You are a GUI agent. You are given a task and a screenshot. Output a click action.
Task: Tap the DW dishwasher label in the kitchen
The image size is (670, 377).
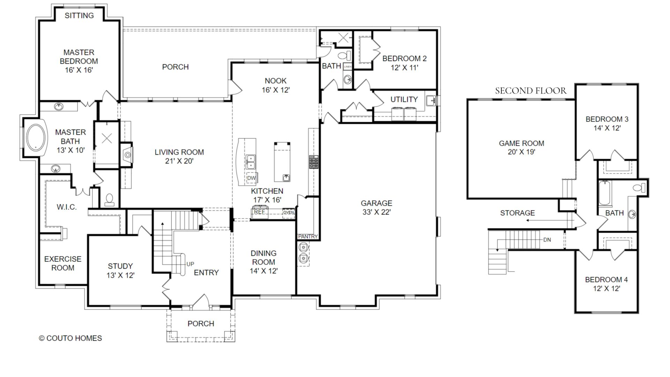(x=251, y=178)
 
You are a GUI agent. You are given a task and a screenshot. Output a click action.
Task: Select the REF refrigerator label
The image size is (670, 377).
(x=259, y=212)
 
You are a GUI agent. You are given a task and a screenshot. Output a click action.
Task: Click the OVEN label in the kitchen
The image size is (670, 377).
(x=288, y=213)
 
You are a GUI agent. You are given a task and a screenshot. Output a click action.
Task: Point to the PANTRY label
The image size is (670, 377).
(x=308, y=237)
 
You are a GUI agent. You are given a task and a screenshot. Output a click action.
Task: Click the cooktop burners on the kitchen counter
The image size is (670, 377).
(x=313, y=163)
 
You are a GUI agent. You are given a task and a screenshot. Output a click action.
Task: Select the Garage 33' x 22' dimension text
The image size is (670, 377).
(x=376, y=212)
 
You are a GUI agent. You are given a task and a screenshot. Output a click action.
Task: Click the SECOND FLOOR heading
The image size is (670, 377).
(x=530, y=91)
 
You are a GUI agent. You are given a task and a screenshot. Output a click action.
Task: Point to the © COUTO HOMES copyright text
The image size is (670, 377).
(x=70, y=338)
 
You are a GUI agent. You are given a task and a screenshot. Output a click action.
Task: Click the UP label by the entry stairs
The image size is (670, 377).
(x=190, y=264)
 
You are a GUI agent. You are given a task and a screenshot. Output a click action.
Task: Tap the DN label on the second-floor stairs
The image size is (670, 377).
(x=547, y=240)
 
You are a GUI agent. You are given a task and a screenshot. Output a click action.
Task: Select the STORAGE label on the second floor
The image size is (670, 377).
(x=518, y=213)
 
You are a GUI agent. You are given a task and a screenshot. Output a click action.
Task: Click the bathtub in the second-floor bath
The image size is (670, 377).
(x=604, y=193)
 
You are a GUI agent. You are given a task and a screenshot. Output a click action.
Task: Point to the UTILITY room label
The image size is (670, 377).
(x=404, y=99)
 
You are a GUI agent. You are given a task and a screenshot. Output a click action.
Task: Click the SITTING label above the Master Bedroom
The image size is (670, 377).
(x=79, y=15)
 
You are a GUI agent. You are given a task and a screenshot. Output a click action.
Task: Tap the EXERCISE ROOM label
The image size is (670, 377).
(x=63, y=264)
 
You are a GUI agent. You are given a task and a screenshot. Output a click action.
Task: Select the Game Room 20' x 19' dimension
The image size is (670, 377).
(x=521, y=152)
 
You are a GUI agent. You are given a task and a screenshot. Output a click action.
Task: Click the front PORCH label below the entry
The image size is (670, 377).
(x=201, y=324)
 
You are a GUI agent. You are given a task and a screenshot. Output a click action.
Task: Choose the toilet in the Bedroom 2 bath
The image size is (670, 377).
(x=344, y=56)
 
